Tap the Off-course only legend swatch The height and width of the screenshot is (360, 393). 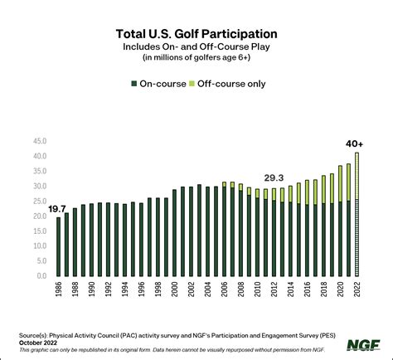click(192, 83)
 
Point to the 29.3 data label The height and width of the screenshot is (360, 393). click(274, 177)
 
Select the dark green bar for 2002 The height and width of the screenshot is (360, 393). click(192, 231)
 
